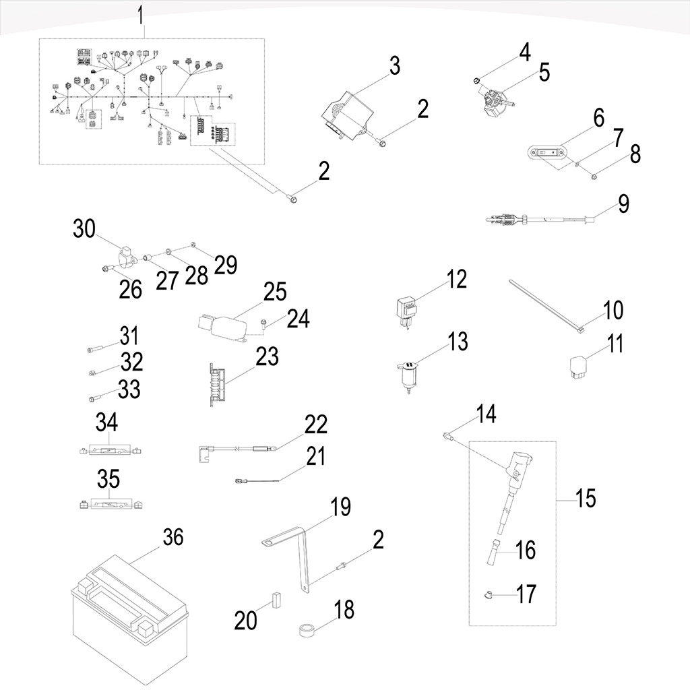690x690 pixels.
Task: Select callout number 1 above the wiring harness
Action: [x=141, y=14]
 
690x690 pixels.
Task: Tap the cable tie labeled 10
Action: [x=546, y=304]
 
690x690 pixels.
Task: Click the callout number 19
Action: [x=341, y=506]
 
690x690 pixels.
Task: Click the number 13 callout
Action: [x=458, y=342]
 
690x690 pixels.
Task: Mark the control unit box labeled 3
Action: [x=350, y=113]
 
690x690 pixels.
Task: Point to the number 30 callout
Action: [x=85, y=229]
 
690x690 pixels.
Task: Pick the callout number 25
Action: [x=275, y=292]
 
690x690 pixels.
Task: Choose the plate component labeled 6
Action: [x=548, y=153]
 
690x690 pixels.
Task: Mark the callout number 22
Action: [x=315, y=425]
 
